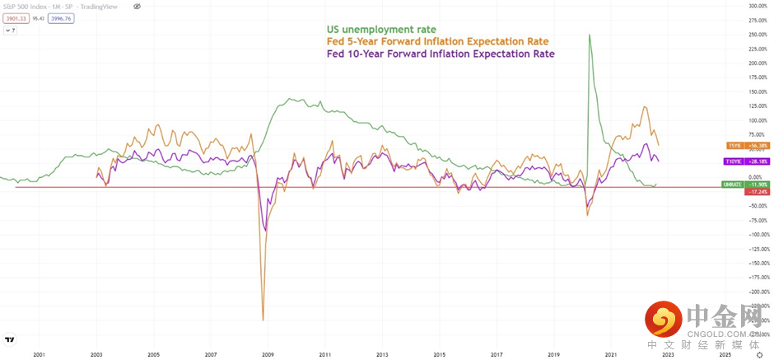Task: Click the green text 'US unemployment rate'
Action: coord(381,30)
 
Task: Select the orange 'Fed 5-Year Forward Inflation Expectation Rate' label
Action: coord(437,42)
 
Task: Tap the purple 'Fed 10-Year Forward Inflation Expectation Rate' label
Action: coord(441,54)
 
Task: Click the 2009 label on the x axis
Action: coord(268,354)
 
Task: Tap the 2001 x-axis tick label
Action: coord(39,354)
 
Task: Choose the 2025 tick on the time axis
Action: coord(725,354)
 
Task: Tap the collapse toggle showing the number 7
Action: coord(12,30)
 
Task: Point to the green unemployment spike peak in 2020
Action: coord(589,35)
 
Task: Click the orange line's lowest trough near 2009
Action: coord(263,320)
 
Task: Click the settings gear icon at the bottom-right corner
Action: coord(759,354)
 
